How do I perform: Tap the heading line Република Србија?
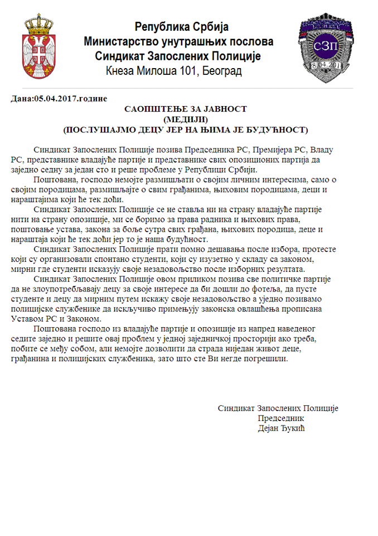[x=182, y=27]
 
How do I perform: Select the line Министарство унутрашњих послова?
[x=178, y=41]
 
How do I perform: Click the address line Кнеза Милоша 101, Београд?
[x=173, y=71]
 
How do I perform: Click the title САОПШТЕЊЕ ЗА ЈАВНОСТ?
[x=185, y=109]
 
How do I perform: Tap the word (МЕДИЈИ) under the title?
[x=185, y=119]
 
